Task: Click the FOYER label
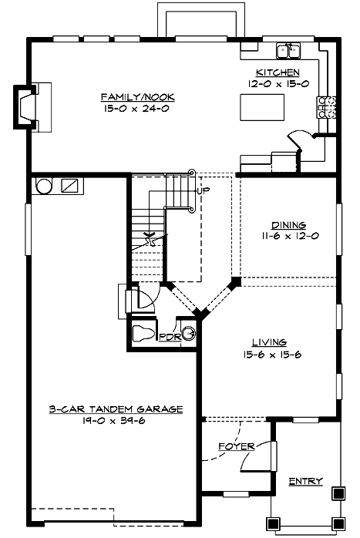(x=236, y=446)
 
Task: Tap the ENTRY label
(x=305, y=481)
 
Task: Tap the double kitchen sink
(x=290, y=51)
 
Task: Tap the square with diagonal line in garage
(x=69, y=186)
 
